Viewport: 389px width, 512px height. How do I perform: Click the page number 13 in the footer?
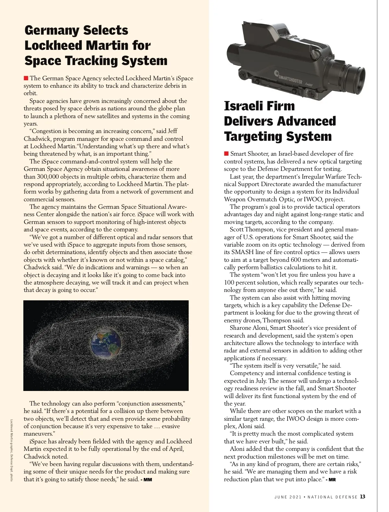pyautogui.click(x=363, y=496)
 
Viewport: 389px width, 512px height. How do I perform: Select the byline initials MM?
pyautogui.click(x=147, y=480)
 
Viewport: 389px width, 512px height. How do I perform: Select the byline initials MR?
pyautogui.click(x=332, y=480)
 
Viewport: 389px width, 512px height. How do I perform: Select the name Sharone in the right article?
pyautogui.click(x=241, y=328)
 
